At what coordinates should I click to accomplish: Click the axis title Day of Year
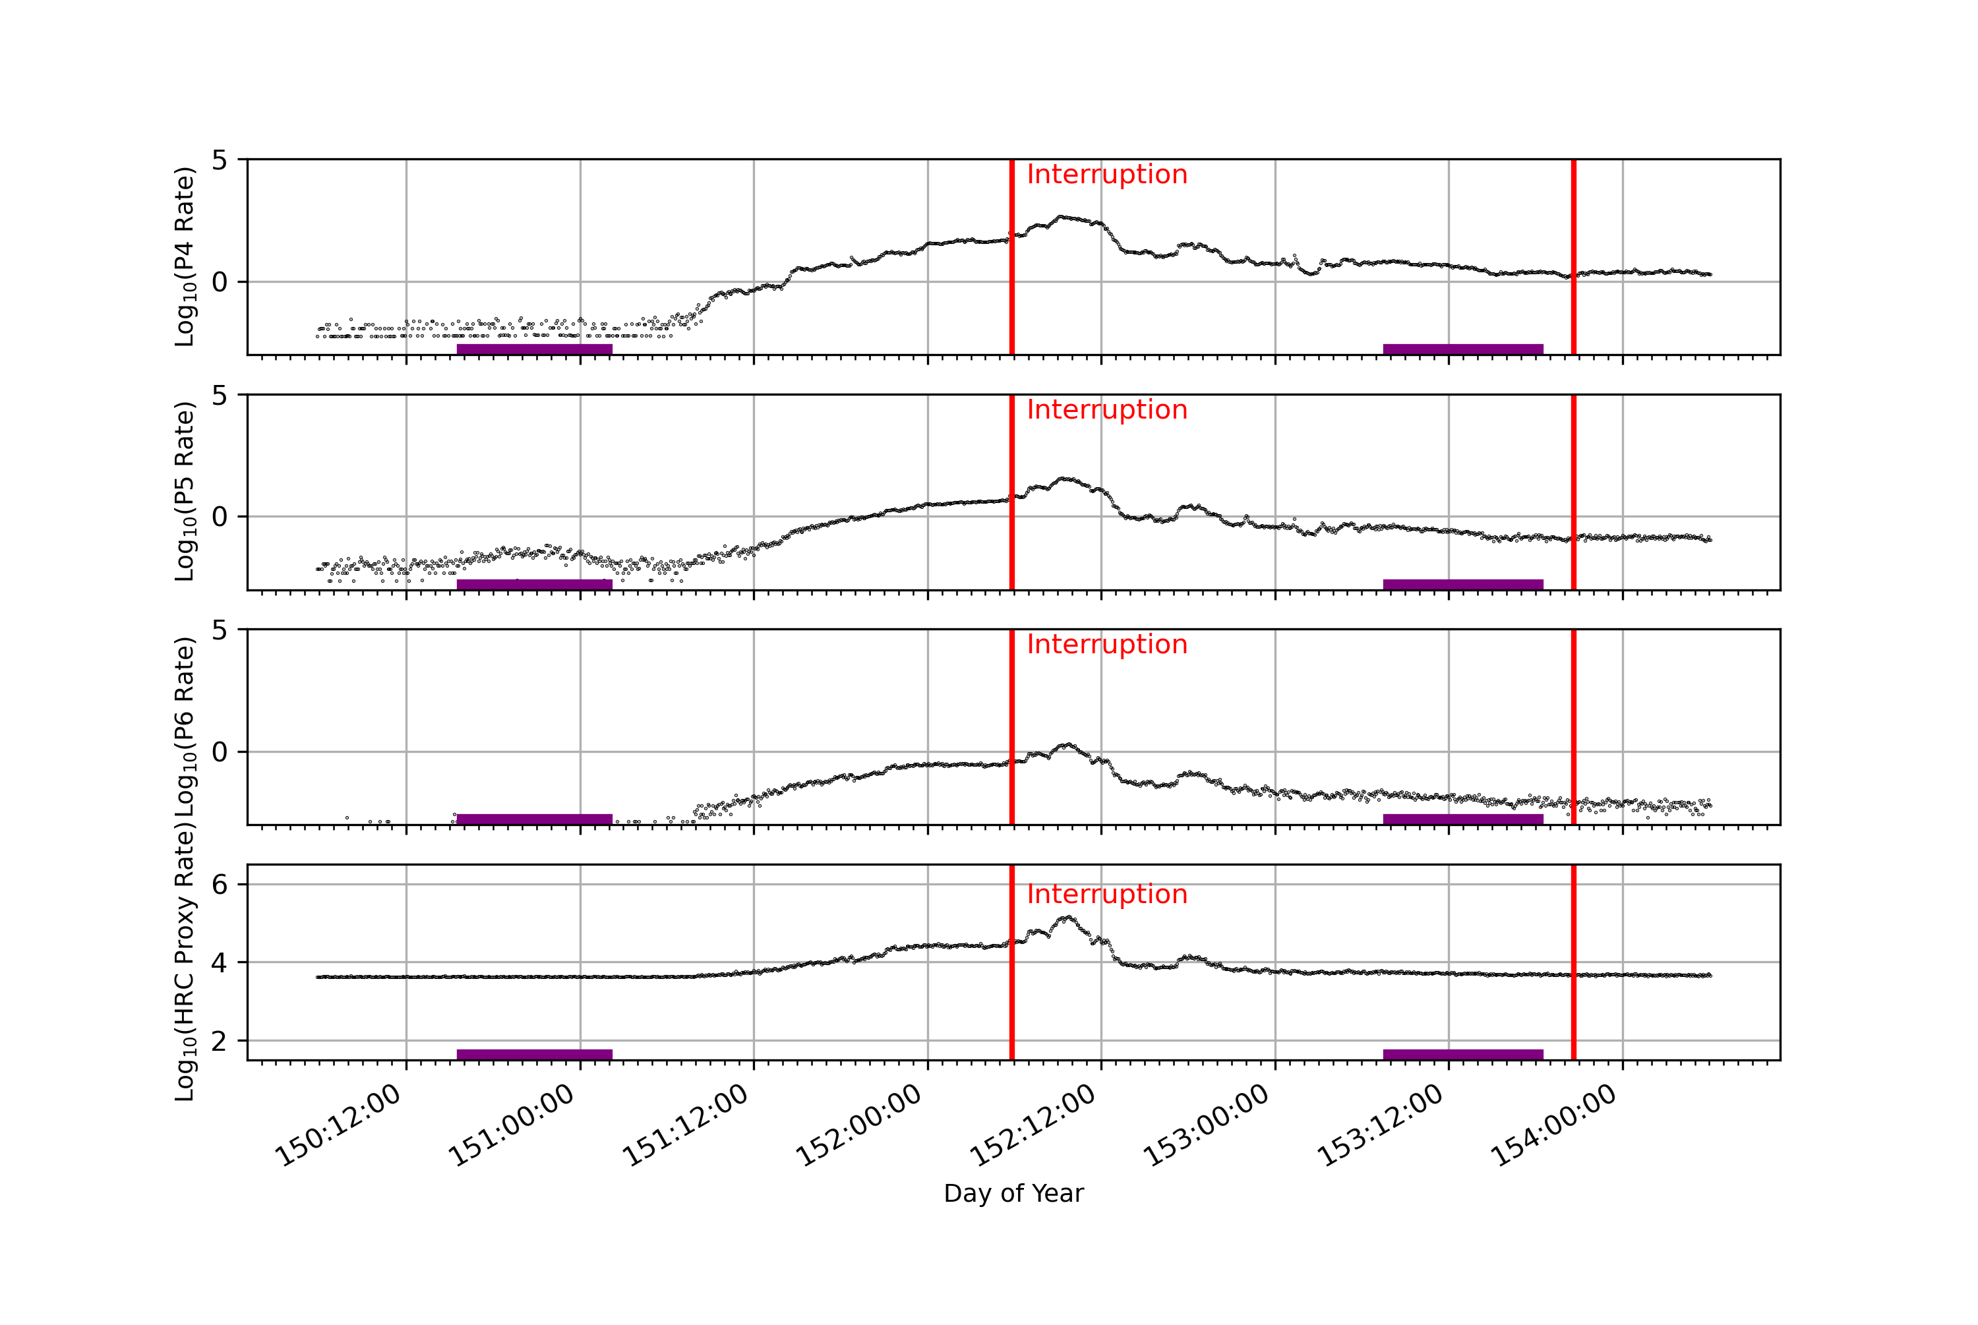coord(1013,1193)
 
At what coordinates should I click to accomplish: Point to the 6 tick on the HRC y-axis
coord(220,885)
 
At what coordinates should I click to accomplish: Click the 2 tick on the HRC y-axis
coord(220,1041)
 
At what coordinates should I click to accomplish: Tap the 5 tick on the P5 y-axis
coord(220,396)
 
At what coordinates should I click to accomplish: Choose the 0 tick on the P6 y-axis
coord(220,752)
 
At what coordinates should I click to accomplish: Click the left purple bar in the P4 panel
coord(534,349)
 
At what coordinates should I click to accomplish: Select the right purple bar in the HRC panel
coord(1462,1054)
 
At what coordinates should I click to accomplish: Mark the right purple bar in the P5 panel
coord(1462,584)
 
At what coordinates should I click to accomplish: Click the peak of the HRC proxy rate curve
coord(1067,917)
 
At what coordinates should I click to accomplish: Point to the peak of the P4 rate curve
coord(1062,216)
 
